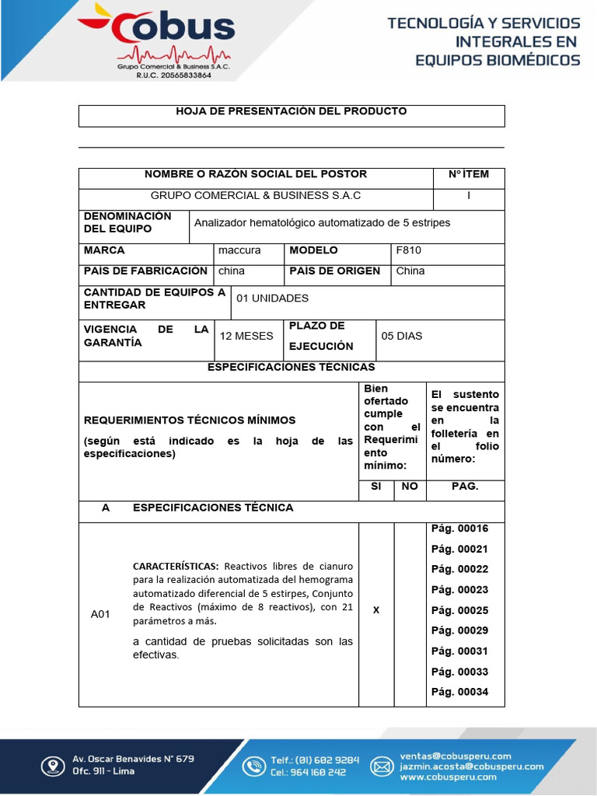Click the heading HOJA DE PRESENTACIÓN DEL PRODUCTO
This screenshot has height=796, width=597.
pyautogui.click(x=292, y=112)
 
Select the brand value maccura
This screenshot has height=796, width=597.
pyautogui.click(x=239, y=251)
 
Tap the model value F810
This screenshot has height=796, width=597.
pyautogui.click(x=408, y=251)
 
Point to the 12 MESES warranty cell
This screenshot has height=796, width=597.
pyautogui.click(x=246, y=337)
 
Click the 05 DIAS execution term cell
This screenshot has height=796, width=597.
pyautogui.click(x=401, y=337)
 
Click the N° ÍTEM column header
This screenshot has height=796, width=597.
pyautogui.click(x=468, y=174)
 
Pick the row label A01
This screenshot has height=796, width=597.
pyautogui.click(x=100, y=615)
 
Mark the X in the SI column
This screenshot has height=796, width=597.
pyautogui.click(x=376, y=610)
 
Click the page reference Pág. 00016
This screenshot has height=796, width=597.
pyautogui.click(x=460, y=529)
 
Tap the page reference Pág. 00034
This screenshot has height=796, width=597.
pyautogui.click(x=460, y=693)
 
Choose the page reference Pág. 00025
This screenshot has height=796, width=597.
pyautogui.click(x=460, y=611)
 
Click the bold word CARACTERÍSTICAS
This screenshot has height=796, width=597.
pyautogui.click(x=176, y=566)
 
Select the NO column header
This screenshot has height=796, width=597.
pyautogui.click(x=410, y=487)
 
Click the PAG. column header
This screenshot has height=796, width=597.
pyautogui.click(x=465, y=487)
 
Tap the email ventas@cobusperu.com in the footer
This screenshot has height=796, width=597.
pyautogui.click(x=456, y=756)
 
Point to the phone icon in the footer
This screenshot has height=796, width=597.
pyautogui.click(x=253, y=766)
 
